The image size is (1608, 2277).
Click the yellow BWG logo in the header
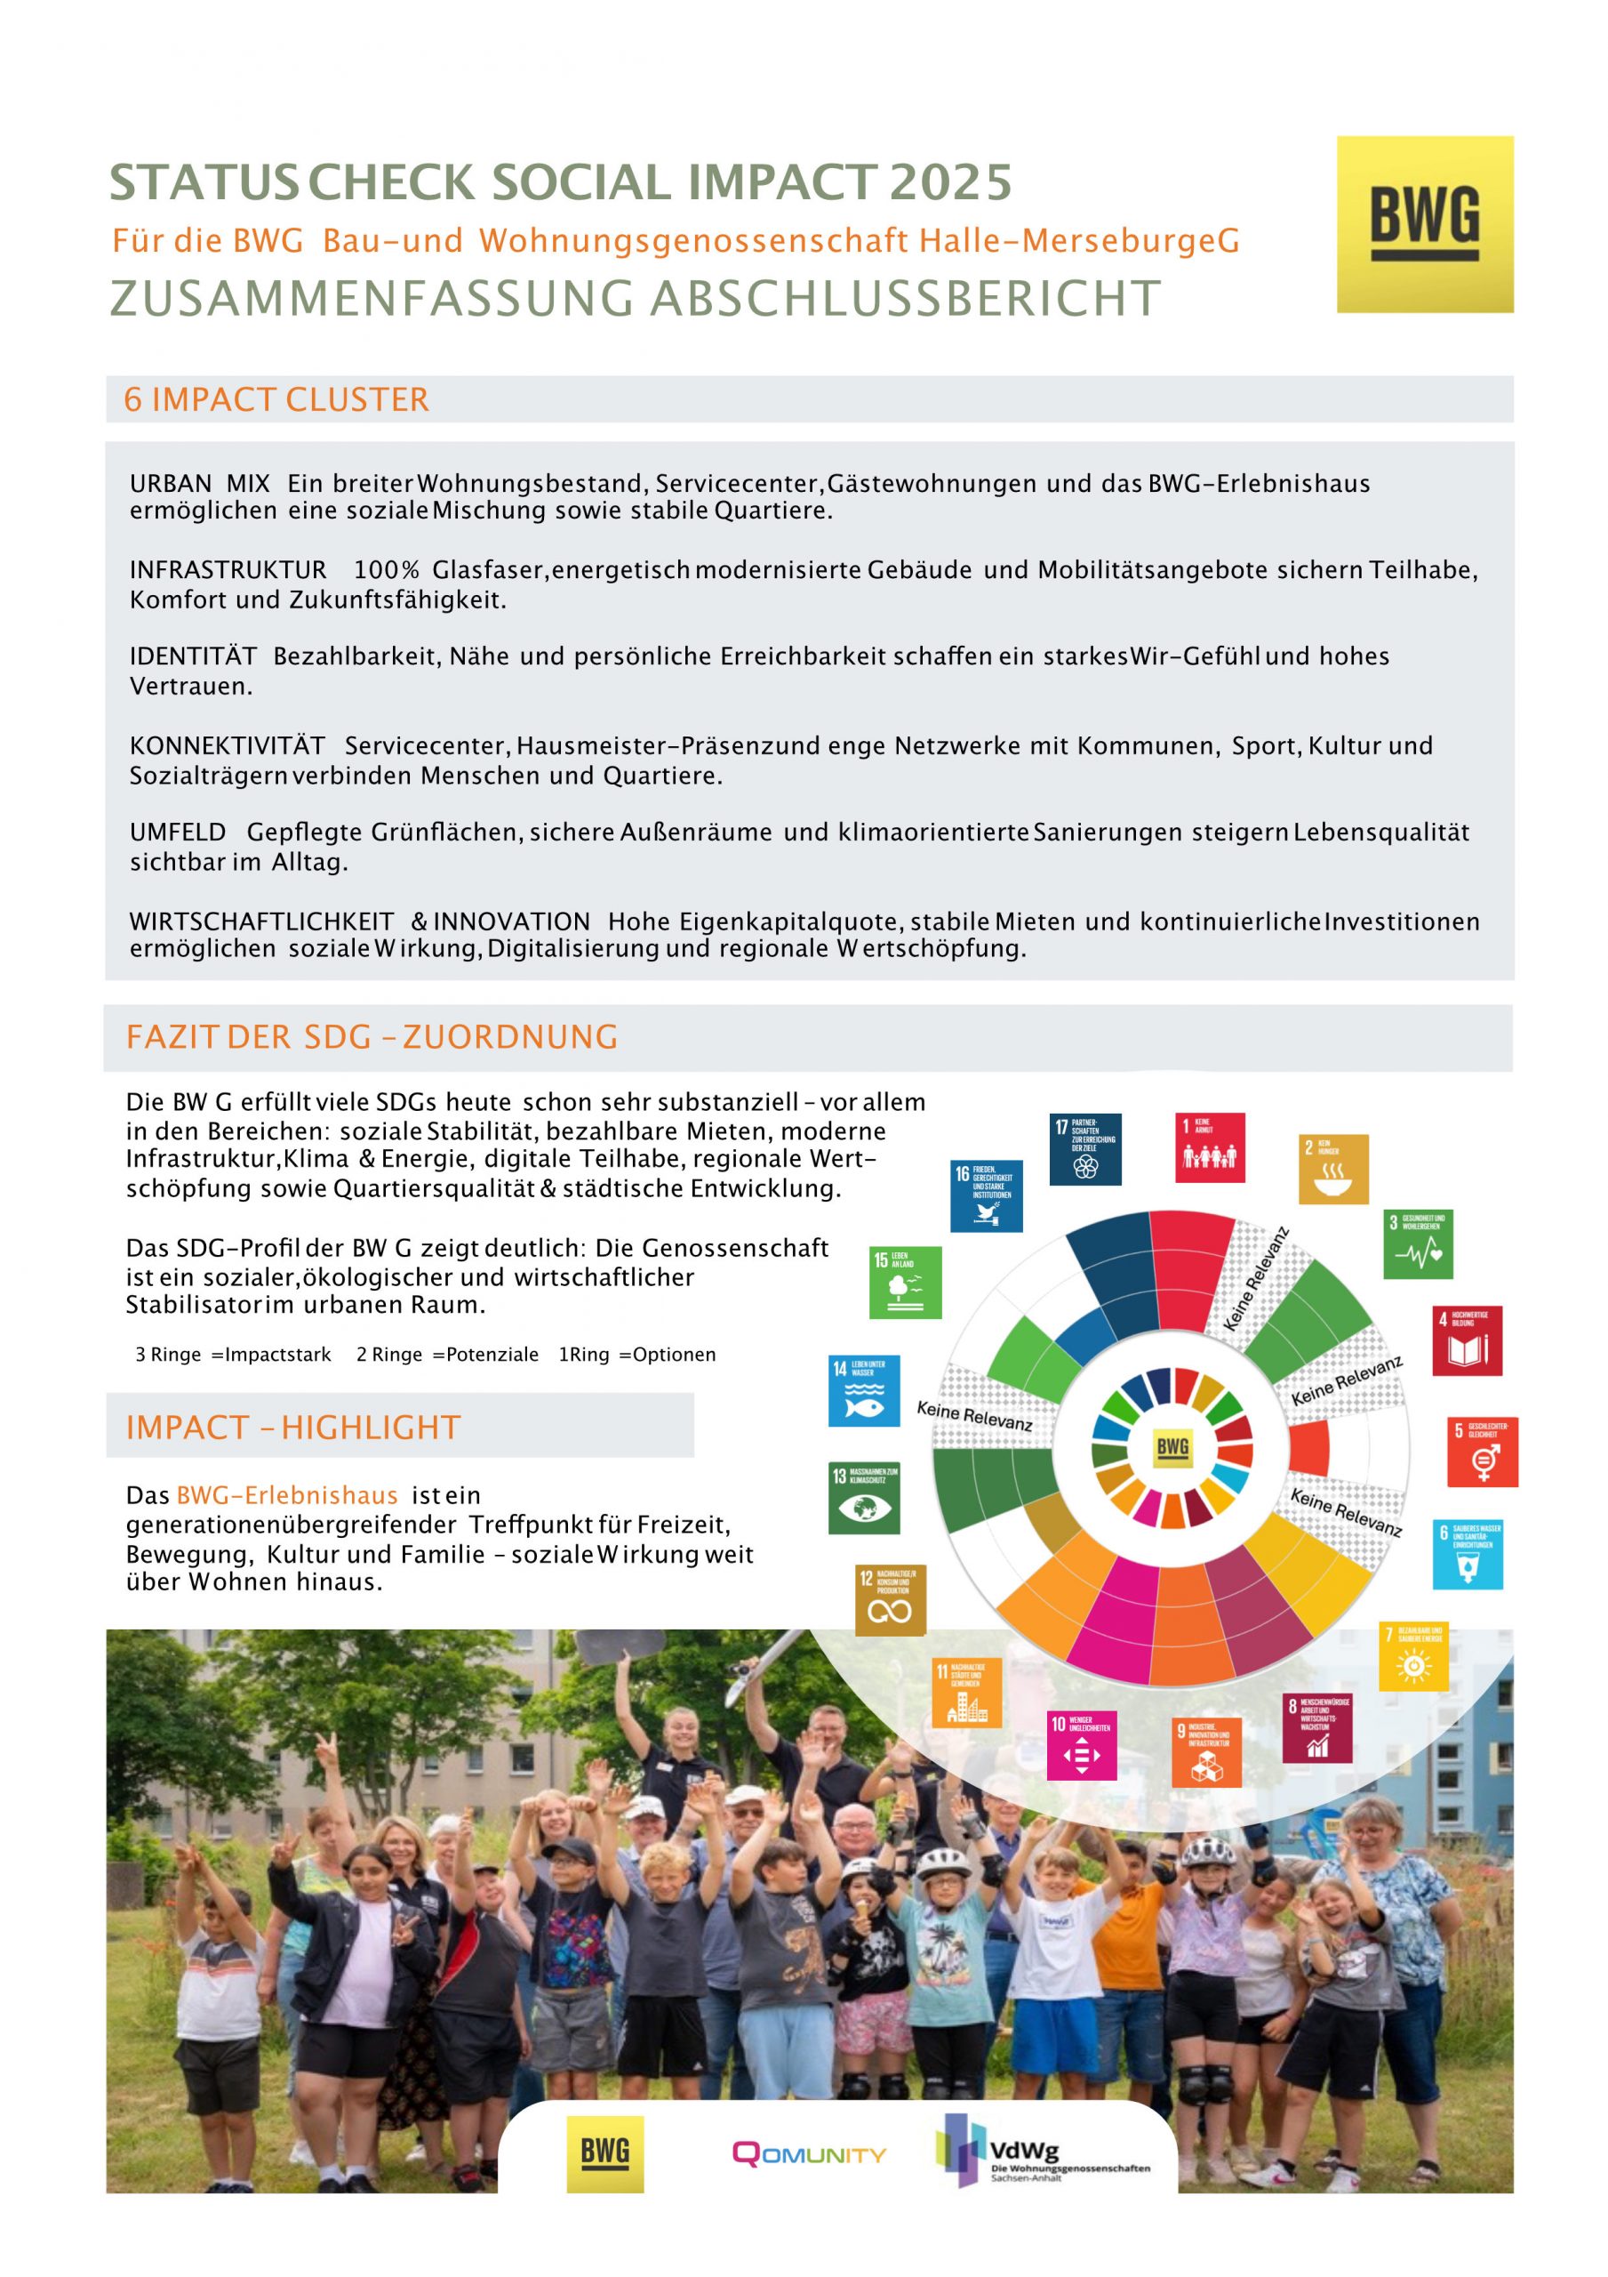[1424, 224]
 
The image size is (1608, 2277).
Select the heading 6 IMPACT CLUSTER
[276, 398]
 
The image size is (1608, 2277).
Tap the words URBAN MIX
[199, 484]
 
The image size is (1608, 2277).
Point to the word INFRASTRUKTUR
[228, 570]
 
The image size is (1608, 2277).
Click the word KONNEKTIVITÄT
[227, 745]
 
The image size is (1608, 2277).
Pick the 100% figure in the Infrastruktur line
[387, 570]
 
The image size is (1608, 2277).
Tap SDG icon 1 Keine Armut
[1210, 1147]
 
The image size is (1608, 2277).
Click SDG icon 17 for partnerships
[1085, 1149]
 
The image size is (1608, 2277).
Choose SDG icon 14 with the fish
[863, 1390]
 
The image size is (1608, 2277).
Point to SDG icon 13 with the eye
[863, 1498]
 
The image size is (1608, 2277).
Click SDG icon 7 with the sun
[1412, 1657]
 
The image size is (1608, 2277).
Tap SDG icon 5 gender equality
[1482, 1452]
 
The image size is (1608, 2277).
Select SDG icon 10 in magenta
[1082, 1745]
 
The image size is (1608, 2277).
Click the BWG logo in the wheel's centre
[1172, 1447]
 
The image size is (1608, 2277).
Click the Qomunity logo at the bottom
[809, 2155]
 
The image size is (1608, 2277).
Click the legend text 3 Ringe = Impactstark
[233, 1355]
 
